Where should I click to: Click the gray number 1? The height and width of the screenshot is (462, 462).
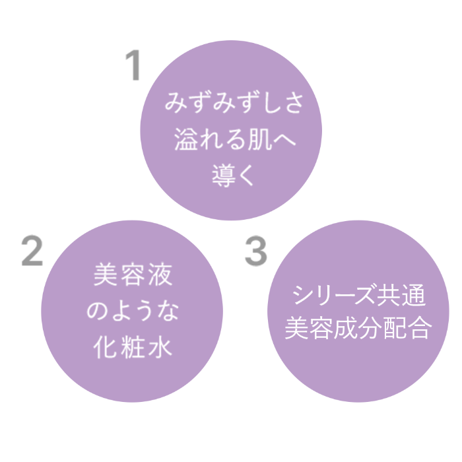[x=133, y=65]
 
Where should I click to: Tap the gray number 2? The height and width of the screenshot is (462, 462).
[x=32, y=251]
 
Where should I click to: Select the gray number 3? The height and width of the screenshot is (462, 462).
[x=256, y=251]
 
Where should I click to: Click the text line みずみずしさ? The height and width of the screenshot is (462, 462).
[x=234, y=102]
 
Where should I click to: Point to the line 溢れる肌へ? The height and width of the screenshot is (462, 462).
[x=235, y=139]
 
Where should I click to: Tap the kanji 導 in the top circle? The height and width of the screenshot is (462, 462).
[x=223, y=176]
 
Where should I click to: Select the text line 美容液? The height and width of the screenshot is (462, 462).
[x=133, y=275]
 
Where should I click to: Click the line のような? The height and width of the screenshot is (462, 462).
[x=133, y=311]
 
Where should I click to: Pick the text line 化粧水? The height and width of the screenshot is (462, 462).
[x=133, y=348]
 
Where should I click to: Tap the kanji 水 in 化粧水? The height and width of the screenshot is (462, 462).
[x=160, y=348]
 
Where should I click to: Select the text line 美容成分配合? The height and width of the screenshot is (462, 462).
[x=358, y=327]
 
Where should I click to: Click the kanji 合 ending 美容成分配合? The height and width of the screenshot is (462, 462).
[x=420, y=327]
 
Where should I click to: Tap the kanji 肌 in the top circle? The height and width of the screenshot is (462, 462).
[x=259, y=139]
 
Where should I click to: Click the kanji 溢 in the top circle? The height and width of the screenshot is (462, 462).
[x=185, y=139]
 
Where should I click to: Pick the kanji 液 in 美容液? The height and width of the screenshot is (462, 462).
[x=160, y=275]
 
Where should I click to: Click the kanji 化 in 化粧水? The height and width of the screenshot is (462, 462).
[x=105, y=348]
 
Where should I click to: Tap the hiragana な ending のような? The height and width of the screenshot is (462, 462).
[x=168, y=311]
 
